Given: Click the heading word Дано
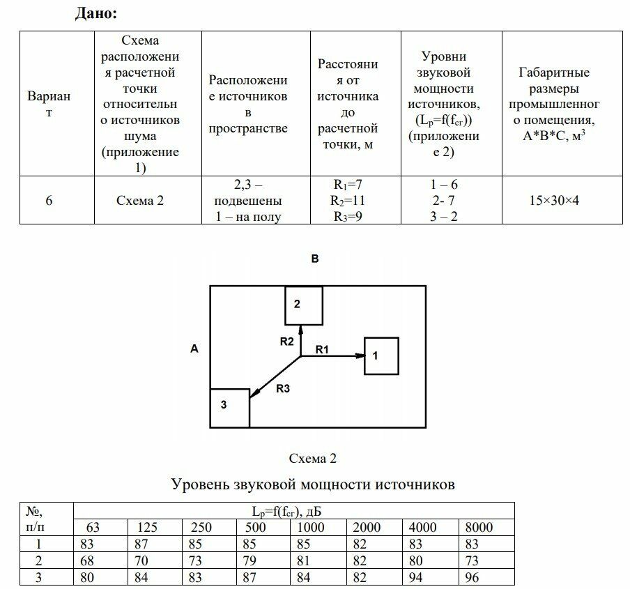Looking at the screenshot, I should (95, 13).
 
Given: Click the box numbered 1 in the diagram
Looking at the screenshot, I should (381, 355).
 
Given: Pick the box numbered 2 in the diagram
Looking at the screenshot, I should (303, 305).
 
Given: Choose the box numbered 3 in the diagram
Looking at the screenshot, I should (230, 408).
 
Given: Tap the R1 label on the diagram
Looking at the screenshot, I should (321, 349).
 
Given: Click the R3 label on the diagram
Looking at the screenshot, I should (282, 390).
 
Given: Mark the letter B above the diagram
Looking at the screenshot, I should (315, 259).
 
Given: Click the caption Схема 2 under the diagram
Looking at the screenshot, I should (313, 459).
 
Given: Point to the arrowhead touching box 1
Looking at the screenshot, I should (360, 355).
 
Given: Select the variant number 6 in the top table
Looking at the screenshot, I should (49, 201).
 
